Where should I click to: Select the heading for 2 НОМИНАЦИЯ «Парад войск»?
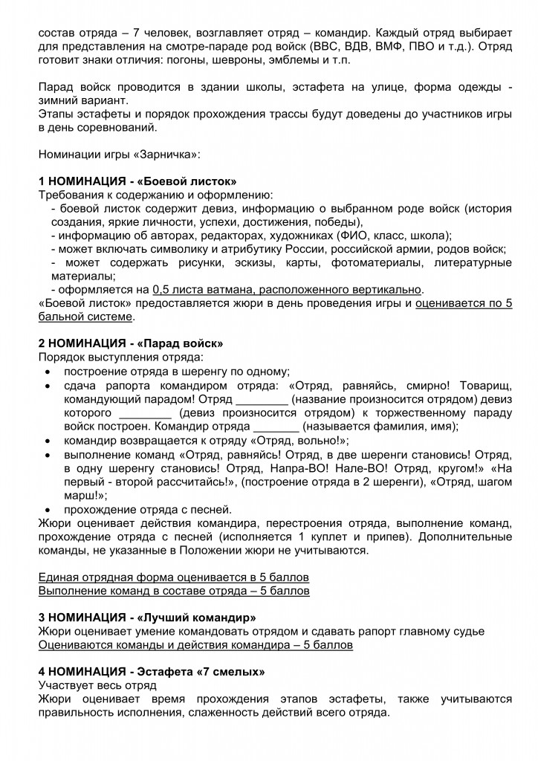131,343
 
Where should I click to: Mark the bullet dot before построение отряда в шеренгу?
48,372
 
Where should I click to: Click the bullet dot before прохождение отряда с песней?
48,510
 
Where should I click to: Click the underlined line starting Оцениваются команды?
195,644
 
